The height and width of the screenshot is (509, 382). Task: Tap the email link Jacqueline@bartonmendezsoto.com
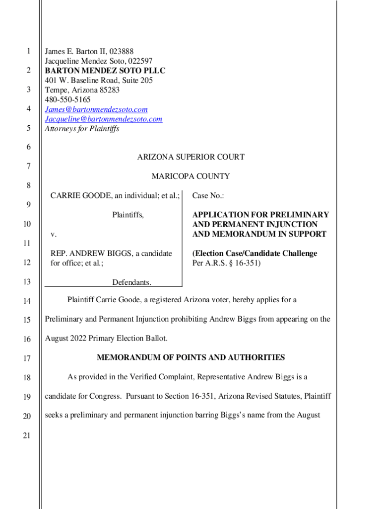104,119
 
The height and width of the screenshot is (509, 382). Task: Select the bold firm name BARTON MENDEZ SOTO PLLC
105,71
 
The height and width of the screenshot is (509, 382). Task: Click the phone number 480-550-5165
68,100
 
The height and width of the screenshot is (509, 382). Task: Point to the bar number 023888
121,51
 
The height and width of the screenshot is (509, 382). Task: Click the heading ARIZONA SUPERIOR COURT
191,157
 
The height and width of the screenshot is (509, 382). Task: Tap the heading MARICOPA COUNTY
191,176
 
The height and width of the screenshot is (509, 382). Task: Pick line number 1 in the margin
29,51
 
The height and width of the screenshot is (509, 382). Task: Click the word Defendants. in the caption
131,282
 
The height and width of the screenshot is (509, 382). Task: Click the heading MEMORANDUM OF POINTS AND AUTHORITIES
191,357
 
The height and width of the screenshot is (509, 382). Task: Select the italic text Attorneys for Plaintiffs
82,129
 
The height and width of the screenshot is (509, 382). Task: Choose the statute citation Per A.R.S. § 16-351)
226,263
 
